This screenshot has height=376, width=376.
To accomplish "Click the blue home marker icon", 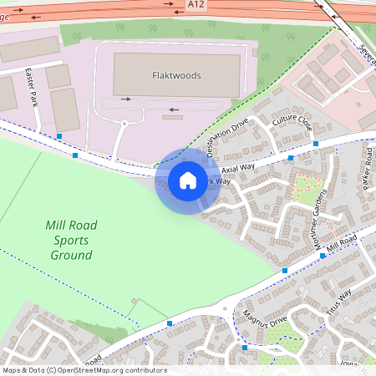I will pos(188,180).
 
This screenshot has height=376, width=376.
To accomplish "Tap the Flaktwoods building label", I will pos(177,75).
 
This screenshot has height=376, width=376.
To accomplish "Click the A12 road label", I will pos(196,5).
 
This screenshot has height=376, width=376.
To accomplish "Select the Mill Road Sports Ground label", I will pos(71,239).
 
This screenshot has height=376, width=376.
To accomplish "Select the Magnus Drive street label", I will pos(265,321).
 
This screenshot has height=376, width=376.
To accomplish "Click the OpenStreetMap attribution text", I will pos(84,370).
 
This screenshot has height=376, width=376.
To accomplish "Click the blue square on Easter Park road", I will pos(60,135).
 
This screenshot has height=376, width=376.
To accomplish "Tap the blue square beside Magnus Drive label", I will pos(244,347).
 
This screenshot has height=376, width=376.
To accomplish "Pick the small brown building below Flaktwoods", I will pos(171,117).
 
